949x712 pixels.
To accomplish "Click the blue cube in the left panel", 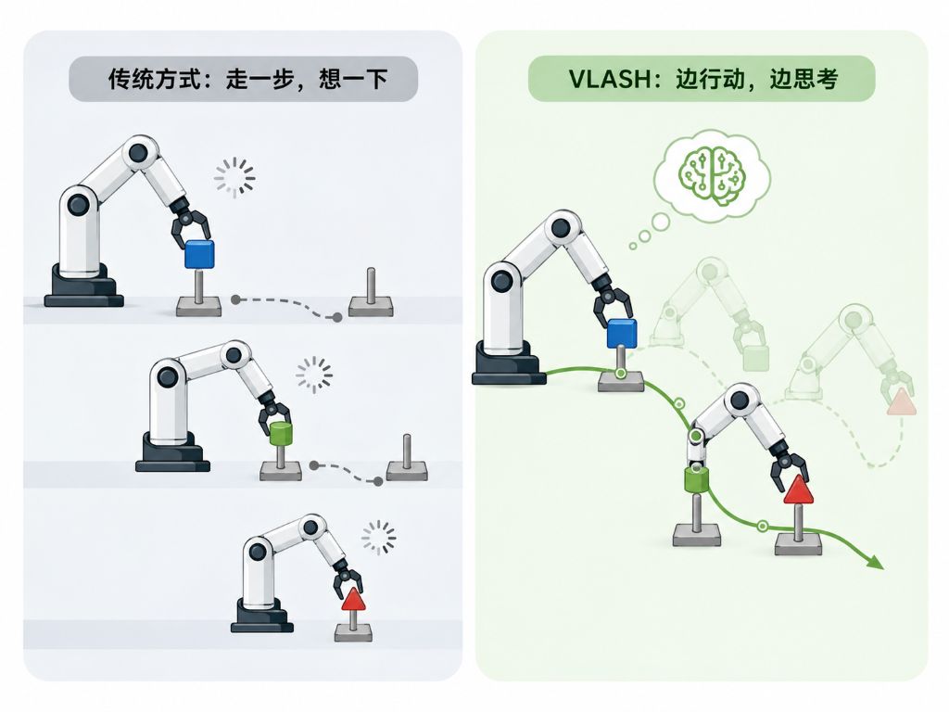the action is pyautogui.click(x=199, y=254).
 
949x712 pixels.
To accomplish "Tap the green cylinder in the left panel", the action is pyautogui.click(x=280, y=435).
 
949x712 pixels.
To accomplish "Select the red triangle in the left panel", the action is pyautogui.click(x=353, y=599).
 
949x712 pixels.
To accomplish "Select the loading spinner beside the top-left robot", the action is pyautogui.click(x=234, y=178).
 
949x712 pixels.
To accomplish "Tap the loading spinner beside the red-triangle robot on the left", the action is pyautogui.click(x=379, y=538).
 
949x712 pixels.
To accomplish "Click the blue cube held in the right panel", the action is pyautogui.click(x=622, y=333).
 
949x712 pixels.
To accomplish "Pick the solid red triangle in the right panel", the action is pyautogui.click(x=798, y=489).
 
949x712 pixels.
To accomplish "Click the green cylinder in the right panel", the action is pyautogui.click(x=697, y=480).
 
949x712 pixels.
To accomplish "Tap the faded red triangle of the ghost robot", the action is pyautogui.click(x=901, y=402).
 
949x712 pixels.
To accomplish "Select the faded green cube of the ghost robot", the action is pyautogui.click(x=755, y=358).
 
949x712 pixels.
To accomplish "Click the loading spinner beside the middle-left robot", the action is pyautogui.click(x=314, y=375).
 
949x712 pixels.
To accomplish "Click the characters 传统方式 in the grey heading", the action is pyautogui.click(x=155, y=80).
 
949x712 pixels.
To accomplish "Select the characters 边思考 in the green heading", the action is pyautogui.click(x=803, y=80).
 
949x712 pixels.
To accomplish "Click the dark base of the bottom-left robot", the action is pyautogui.click(x=262, y=616).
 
